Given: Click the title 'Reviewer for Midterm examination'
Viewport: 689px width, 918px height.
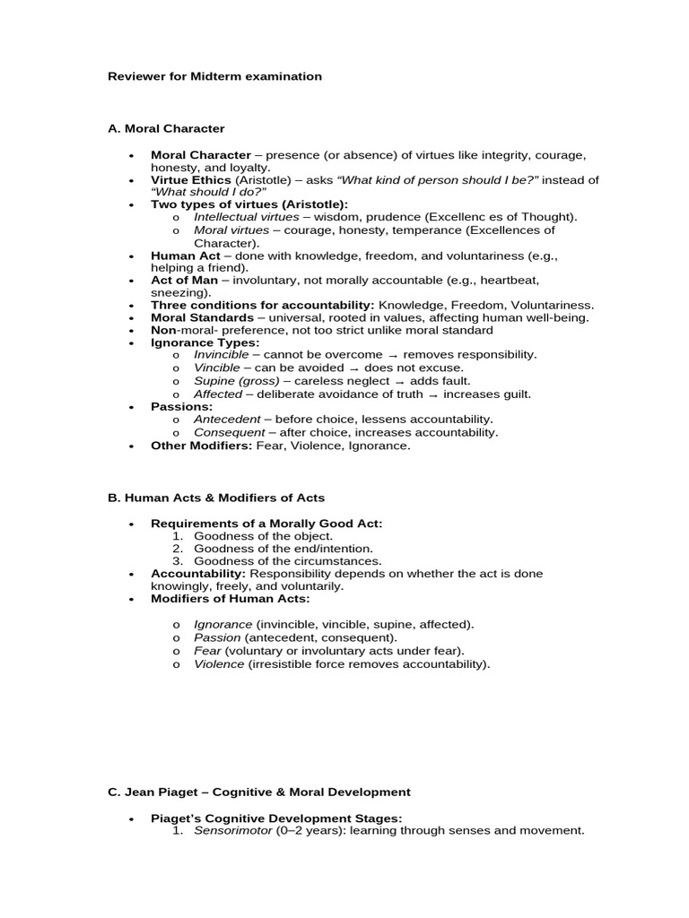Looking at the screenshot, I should pos(214,76).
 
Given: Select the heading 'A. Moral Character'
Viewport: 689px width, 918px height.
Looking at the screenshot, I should pos(166,128).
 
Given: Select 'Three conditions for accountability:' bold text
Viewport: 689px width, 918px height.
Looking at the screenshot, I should pos(262,305).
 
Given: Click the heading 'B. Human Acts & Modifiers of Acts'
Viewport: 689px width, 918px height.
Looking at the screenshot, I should pos(216,498).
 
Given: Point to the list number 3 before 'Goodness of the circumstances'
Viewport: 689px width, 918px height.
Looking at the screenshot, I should pos(178,561).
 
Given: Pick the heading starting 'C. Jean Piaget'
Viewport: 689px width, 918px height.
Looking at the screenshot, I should pos(258,792).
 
